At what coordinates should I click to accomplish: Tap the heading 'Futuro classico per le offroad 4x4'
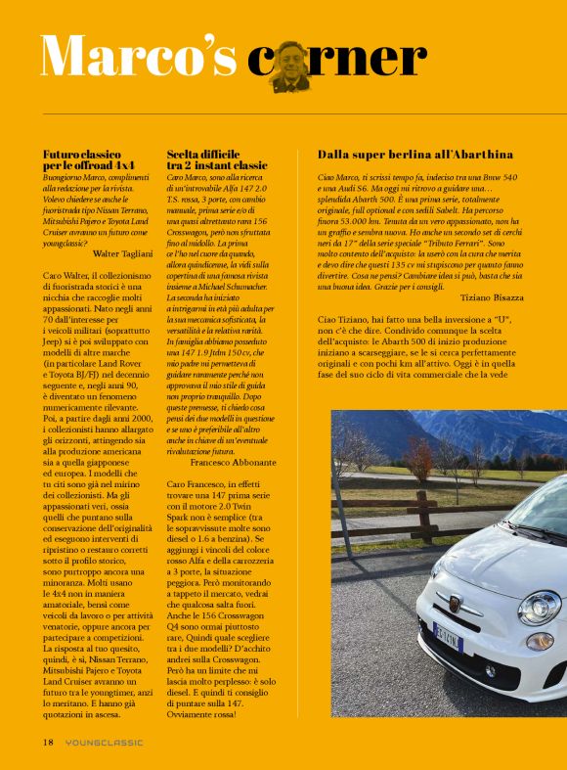[90, 160]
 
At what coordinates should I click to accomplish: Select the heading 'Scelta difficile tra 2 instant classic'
[216, 160]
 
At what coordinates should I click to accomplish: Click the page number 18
[47, 742]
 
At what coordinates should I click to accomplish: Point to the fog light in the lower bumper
[490, 671]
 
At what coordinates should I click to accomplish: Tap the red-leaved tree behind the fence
[420, 458]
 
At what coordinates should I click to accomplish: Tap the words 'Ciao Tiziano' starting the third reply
[343, 320]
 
